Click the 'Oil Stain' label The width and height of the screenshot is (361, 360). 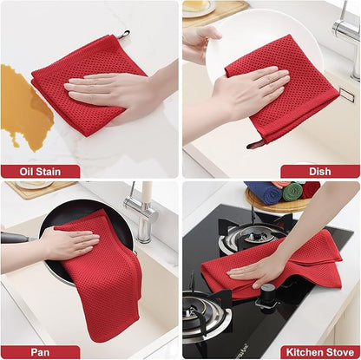click(x=40, y=171)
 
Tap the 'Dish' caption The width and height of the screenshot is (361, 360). click(x=320, y=171)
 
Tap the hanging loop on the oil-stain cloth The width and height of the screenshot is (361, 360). click(x=124, y=35)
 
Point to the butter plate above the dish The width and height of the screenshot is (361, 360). click(x=198, y=8)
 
